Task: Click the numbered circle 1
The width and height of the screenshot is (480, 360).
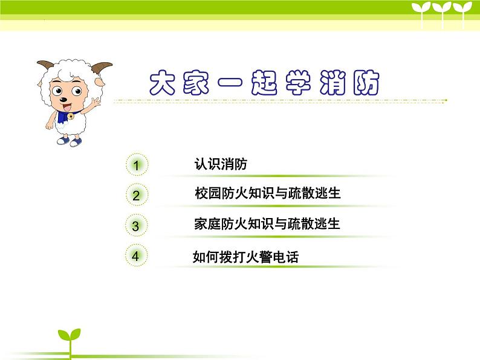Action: [137, 165]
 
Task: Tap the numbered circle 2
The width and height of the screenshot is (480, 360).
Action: [136, 195]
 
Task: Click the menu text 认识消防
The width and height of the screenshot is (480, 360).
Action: [220, 164]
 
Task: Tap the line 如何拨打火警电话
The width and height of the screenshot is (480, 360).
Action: [245, 257]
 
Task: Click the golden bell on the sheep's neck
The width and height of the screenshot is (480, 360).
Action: [70, 115]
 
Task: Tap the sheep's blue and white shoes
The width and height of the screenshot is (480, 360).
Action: [68, 141]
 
